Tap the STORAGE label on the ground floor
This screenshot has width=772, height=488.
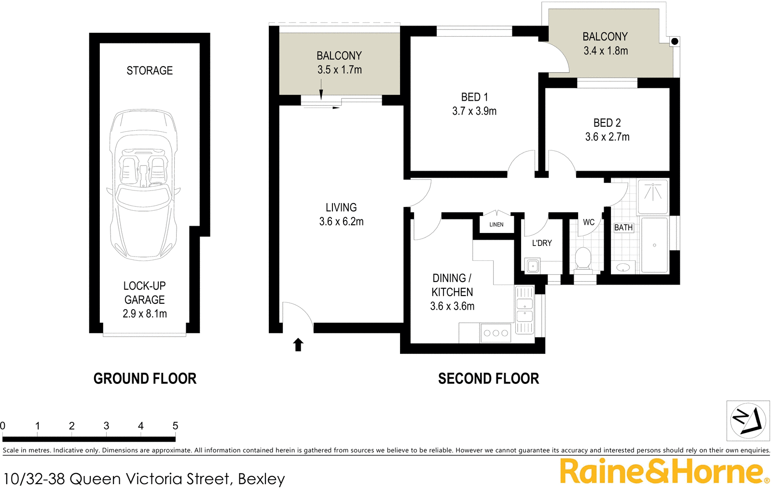150,70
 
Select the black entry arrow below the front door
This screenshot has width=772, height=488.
298,344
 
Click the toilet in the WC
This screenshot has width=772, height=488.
583,259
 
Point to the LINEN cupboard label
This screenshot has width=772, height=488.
496,225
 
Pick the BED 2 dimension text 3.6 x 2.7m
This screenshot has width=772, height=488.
607,137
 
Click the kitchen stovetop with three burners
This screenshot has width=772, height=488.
496,333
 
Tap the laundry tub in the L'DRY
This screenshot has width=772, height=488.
533,266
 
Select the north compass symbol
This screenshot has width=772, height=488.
748,420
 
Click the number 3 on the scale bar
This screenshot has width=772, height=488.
106,426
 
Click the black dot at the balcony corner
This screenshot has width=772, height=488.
675,41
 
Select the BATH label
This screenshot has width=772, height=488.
623,228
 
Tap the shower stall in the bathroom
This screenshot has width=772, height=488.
653,196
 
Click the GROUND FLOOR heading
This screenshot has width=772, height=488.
145,379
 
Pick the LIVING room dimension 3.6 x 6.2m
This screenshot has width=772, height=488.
341,222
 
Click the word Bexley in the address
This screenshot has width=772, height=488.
262,479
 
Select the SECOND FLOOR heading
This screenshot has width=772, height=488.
488,379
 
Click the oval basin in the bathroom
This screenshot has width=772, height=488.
623,267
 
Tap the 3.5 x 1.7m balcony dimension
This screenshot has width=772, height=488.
339,70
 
